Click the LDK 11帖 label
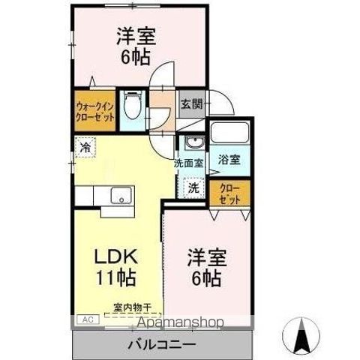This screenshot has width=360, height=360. [114, 267]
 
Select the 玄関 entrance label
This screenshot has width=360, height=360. [190, 104]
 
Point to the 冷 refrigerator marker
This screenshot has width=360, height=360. [85, 148]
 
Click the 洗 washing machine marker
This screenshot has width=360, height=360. [193, 187]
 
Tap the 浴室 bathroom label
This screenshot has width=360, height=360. [229, 159]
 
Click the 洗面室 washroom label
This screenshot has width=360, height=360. [190, 163]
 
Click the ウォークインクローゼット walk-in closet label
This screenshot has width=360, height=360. [94, 111]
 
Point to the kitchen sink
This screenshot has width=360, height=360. [120, 196]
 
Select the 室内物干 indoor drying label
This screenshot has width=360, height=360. [132, 307]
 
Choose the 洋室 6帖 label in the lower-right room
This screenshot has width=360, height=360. [204, 268]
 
